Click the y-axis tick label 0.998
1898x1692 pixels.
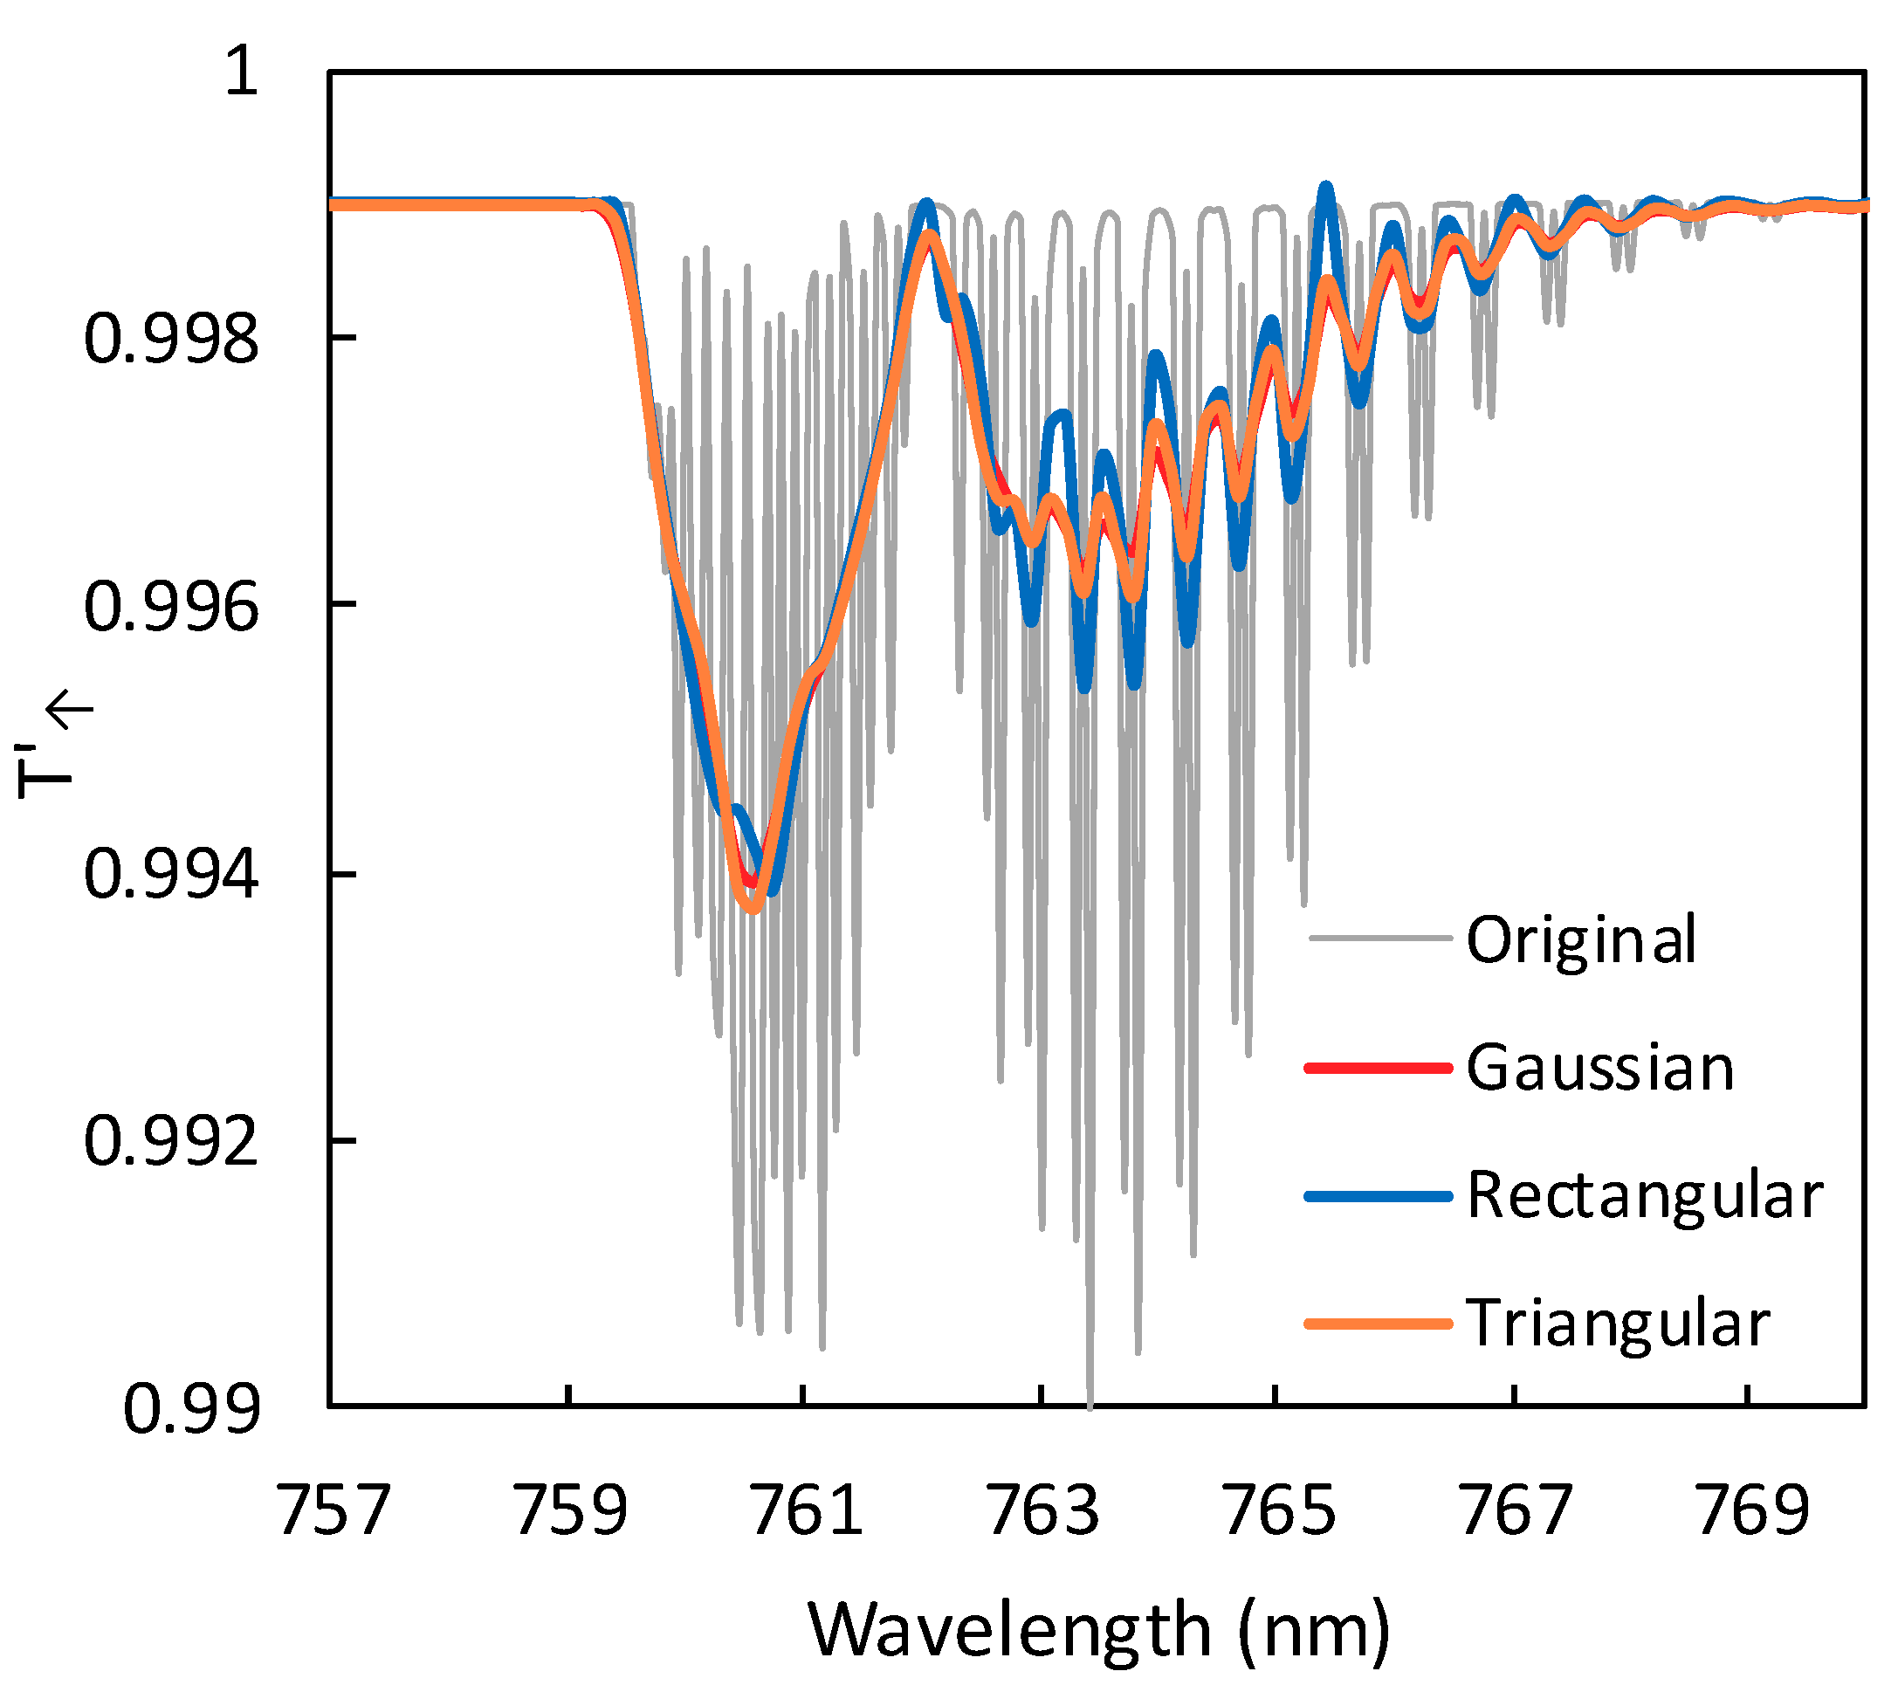(x=171, y=339)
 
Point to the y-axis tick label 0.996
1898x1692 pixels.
(x=171, y=607)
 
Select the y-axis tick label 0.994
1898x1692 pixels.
(x=171, y=875)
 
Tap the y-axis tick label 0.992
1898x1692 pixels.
(x=171, y=1142)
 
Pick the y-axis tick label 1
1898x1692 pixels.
(x=242, y=71)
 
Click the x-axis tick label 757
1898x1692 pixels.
(x=334, y=1510)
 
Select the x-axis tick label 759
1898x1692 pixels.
(x=570, y=1510)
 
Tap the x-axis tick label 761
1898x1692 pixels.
(x=806, y=1510)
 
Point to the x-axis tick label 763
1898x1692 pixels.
(x=1042, y=1510)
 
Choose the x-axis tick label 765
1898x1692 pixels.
(x=1278, y=1510)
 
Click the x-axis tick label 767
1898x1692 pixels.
(x=1515, y=1510)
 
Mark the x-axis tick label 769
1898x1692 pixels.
(x=1751, y=1510)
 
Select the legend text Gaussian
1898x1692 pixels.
(x=1599, y=1067)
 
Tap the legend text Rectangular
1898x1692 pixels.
(x=1644, y=1195)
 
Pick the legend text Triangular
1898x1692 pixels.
(x=1617, y=1324)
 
